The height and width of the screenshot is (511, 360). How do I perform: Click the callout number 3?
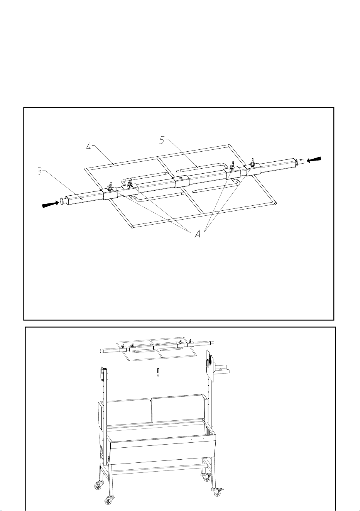click(39, 171)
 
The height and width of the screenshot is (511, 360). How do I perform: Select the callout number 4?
click(89, 147)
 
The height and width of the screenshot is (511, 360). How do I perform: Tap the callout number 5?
click(162, 140)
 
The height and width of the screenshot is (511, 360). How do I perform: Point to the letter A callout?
click(198, 234)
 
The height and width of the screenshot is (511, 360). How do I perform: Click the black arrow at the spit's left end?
click(51, 204)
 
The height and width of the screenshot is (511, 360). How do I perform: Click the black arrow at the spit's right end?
click(314, 159)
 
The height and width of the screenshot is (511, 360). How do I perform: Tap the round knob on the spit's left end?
click(62, 201)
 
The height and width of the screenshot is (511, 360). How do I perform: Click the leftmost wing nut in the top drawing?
click(110, 186)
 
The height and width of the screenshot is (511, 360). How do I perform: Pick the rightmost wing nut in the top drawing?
click(252, 162)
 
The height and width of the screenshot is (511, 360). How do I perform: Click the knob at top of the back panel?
click(151, 400)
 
